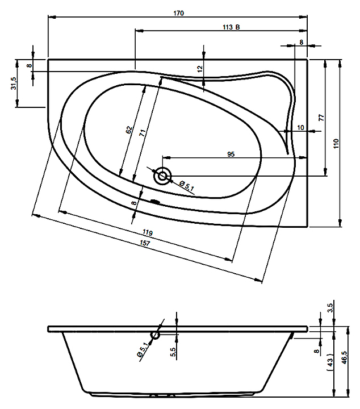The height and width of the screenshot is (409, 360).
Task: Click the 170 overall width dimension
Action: point(178,13)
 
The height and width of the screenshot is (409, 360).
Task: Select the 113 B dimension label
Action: point(231,27)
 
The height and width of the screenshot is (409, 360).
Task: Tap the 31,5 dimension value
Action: point(14,83)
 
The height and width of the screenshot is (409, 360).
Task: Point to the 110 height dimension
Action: point(336,144)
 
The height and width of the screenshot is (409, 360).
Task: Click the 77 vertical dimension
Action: point(321,118)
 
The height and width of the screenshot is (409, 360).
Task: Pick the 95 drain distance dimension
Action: point(231,154)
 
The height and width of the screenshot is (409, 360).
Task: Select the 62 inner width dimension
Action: point(129,130)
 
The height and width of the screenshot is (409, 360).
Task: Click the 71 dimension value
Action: point(142,133)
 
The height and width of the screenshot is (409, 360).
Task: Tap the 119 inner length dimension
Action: point(148,232)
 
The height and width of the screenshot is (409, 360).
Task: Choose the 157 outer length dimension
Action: point(145,243)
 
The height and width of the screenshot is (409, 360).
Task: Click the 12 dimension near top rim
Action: point(200,69)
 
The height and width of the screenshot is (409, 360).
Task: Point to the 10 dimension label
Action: point(300,128)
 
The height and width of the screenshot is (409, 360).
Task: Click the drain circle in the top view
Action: point(162,176)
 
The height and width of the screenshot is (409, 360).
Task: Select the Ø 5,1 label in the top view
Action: point(187,185)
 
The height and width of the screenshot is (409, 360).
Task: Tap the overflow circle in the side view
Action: point(156,335)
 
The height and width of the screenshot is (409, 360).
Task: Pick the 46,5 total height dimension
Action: point(344,357)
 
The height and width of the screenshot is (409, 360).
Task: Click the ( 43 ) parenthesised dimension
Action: point(330,362)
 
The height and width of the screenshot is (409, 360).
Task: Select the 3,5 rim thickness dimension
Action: point(330,307)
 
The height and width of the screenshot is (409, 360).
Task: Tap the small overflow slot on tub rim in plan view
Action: point(155,201)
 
